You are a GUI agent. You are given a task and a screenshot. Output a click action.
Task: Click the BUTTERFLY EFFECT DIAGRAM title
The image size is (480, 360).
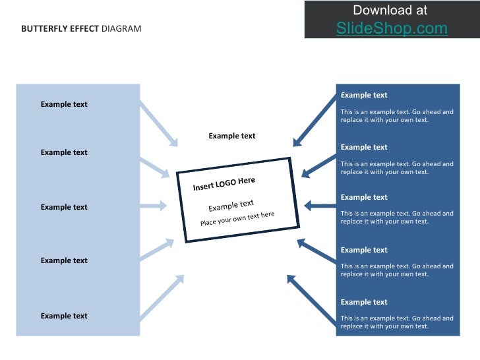click(x=81, y=29)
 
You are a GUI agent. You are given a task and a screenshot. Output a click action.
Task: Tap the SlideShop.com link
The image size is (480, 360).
click(x=392, y=28)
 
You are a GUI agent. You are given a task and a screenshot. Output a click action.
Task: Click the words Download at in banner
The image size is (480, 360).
click(x=390, y=10)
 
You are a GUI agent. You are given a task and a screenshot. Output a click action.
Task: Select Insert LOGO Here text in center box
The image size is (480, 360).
click(x=224, y=184)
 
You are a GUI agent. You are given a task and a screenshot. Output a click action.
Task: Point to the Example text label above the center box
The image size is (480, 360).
click(x=232, y=136)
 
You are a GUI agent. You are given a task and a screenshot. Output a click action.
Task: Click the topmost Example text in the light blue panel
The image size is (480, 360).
click(x=64, y=104)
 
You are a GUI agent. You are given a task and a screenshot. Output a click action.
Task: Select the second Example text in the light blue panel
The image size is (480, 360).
click(x=64, y=152)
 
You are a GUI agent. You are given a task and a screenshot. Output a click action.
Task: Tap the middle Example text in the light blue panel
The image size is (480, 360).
click(x=64, y=207)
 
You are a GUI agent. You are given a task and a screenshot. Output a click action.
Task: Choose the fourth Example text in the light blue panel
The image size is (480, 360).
click(x=64, y=260)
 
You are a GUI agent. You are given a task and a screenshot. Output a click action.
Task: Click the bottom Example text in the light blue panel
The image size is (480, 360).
click(x=64, y=316)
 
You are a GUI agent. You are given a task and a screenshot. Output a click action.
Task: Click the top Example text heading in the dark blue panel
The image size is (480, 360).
click(x=364, y=95)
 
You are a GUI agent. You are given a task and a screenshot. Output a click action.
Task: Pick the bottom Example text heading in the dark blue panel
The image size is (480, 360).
click(x=364, y=302)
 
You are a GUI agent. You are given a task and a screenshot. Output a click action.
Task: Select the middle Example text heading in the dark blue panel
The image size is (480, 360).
click(x=364, y=197)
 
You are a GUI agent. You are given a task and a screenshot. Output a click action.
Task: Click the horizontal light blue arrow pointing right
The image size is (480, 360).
click(x=153, y=206)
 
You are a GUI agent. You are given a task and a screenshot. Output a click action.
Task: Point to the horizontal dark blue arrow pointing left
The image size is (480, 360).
click(x=320, y=206)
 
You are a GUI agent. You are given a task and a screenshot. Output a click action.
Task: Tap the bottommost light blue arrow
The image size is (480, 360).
click(x=162, y=297)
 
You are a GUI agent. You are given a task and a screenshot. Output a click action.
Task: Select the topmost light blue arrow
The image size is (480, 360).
click(x=159, y=123)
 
